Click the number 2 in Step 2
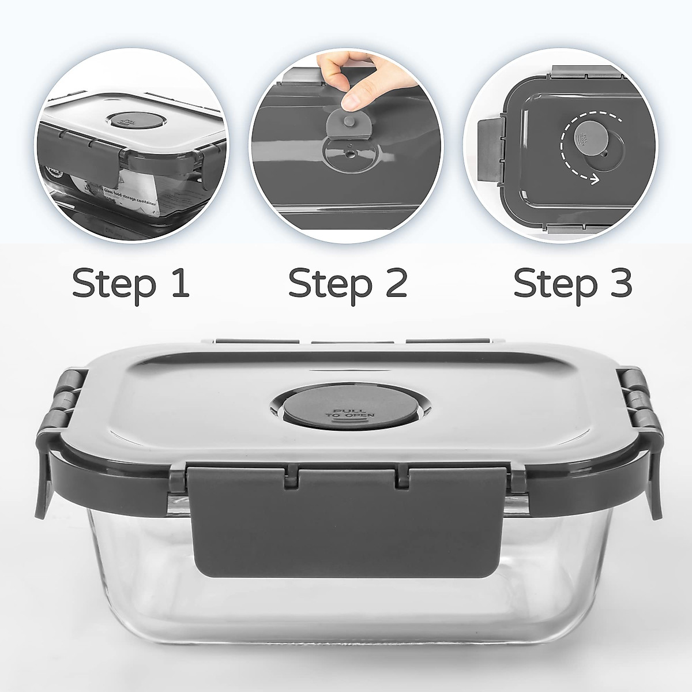[396, 283]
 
